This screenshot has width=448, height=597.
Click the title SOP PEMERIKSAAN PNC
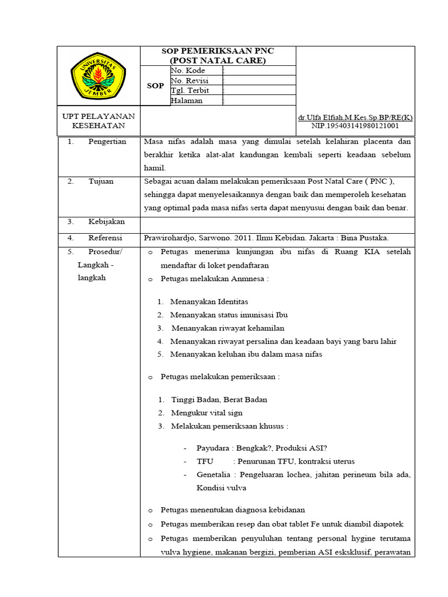(x=218, y=51)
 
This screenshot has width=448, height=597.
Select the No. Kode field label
(x=188, y=71)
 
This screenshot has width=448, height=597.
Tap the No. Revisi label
(x=190, y=80)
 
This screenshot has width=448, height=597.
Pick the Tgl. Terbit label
(x=190, y=90)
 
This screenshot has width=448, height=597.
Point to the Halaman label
(x=187, y=100)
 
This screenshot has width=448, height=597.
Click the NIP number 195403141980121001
(x=355, y=125)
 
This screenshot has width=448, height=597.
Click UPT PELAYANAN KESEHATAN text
(x=99, y=121)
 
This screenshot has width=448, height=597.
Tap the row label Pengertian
(x=107, y=142)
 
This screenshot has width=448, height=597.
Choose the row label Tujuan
(x=101, y=181)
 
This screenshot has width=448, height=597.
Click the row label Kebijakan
(x=106, y=222)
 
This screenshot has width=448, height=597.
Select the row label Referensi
(x=105, y=238)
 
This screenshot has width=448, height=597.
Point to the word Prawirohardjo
(x=170, y=238)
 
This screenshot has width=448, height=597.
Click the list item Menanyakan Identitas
(x=209, y=301)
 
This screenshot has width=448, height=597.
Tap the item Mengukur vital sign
(x=206, y=413)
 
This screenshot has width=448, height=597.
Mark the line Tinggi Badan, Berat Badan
(x=219, y=399)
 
